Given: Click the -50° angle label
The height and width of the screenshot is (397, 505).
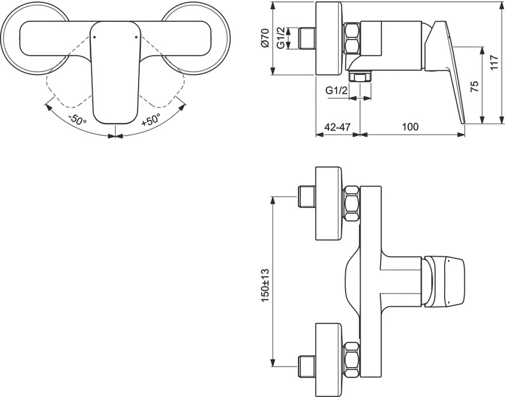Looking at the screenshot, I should coord(76,121).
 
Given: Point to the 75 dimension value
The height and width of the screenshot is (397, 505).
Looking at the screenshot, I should coord(475,86).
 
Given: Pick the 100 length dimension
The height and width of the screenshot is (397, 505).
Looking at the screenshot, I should coord(410,126).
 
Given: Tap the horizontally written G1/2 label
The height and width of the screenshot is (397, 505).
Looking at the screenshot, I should coord(336,91).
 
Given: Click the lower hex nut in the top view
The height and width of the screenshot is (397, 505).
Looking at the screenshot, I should coord(352,359).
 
